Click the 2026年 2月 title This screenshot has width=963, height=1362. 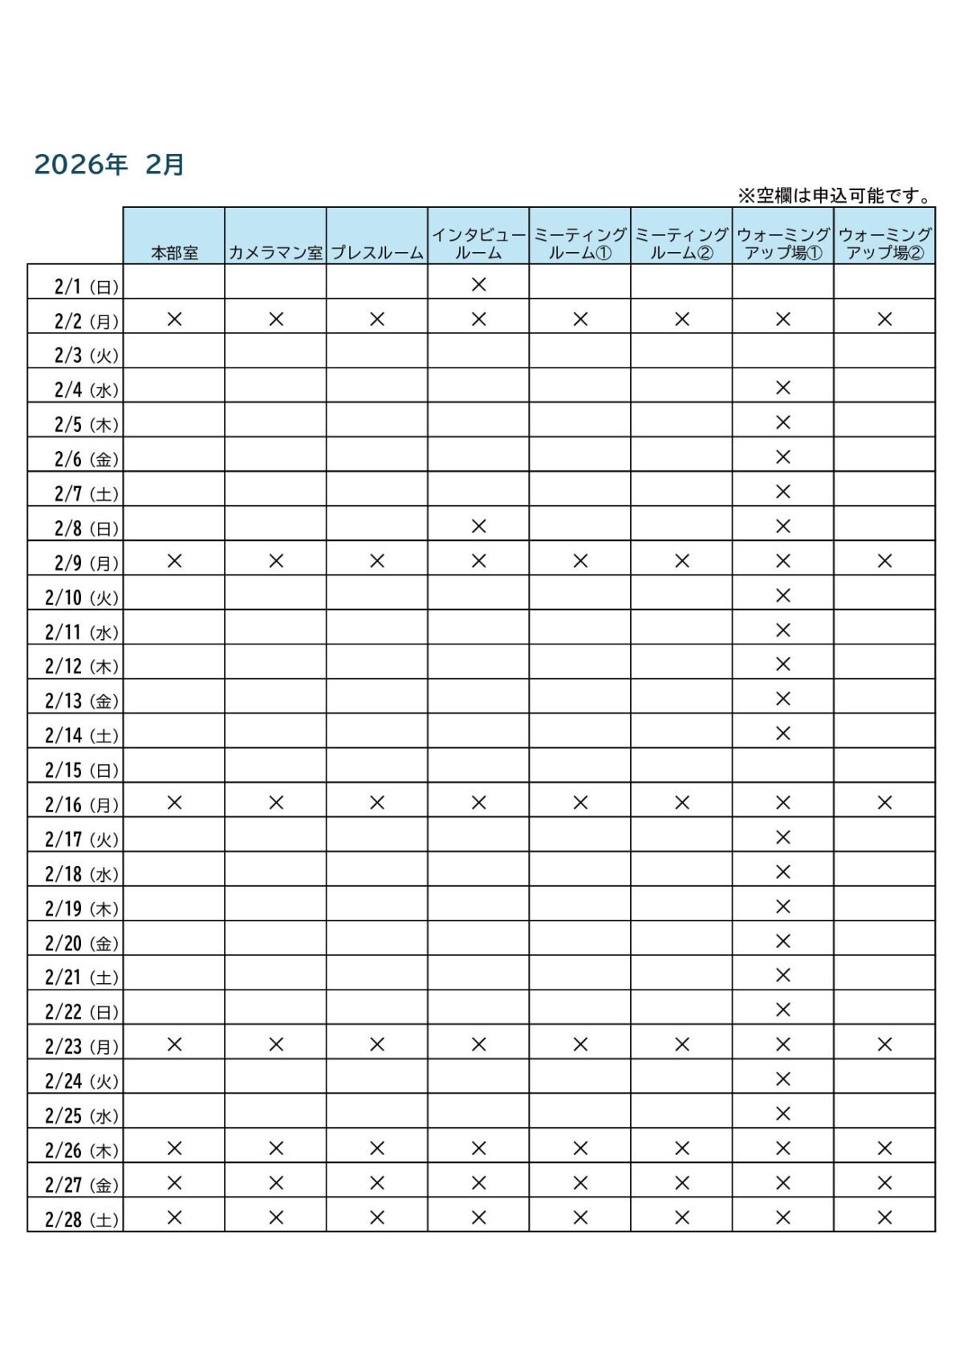pyautogui.click(x=109, y=165)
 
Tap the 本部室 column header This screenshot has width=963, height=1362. pyautogui.click(x=174, y=252)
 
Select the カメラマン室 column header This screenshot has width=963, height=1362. pyautogui.click(x=275, y=252)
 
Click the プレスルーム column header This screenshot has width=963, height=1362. pyautogui.click(x=377, y=252)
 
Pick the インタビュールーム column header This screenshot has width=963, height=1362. pyautogui.click(x=478, y=243)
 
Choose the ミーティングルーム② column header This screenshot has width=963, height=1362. pyautogui.click(x=681, y=243)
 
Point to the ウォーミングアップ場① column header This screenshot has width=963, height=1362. pyautogui.click(x=783, y=243)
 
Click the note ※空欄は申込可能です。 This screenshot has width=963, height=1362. pyautogui.click(x=835, y=195)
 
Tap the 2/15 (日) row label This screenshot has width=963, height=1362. pyautogui.click(x=81, y=770)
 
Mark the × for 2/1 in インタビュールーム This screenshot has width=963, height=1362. pyautogui.click(x=479, y=284)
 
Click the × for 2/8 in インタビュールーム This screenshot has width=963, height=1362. pyautogui.click(x=479, y=526)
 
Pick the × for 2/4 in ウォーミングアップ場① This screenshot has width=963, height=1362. pyautogui.click(x=783, y=388)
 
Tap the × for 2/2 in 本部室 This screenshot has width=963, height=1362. pyautogui.click(x=174, y=319)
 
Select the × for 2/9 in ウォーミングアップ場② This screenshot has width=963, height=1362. pyautogui.click(x=884, y=560)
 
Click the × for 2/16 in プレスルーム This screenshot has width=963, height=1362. pyautogui.click(x=377, y=803)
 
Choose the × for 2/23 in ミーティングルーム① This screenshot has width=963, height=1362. pyautogui.click(x=580, y=1044)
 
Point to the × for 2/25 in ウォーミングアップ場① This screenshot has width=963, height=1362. pyautogui.click(x=783, y=1113)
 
